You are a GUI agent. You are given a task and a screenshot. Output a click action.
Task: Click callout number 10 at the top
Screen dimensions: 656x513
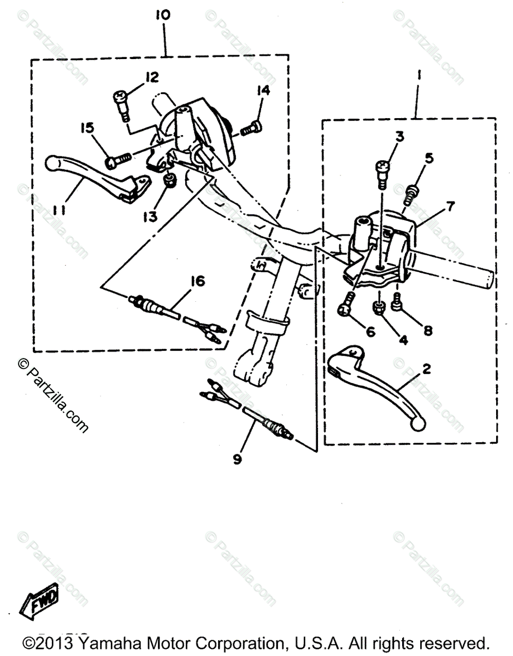pos(162,15)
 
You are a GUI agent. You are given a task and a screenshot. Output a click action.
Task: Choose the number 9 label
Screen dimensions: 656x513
pos(237,460)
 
